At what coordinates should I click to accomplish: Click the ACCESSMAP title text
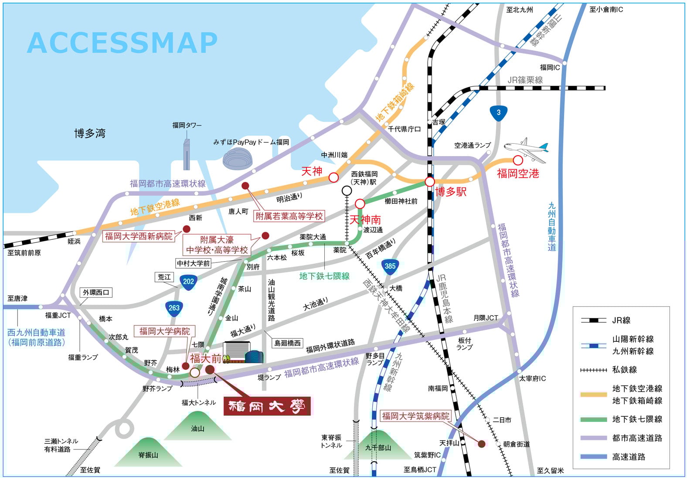click(x=122, y=43)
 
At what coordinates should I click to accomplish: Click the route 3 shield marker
click(x=498, y=112)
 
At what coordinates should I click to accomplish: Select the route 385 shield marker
click(x=390, y=266)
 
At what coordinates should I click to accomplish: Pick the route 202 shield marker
click(x=188, y=282)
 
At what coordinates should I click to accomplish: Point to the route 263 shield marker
click(x=174, y=308)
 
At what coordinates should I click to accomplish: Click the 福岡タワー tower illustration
click(x=187, y=153)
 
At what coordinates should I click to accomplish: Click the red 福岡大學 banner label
click(x=267, y=406)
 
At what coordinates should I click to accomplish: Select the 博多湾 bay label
click(x=90, y=133)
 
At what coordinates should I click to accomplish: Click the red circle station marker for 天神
click(x=333, y=177)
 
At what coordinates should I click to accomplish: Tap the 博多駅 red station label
click(x=451, y=191)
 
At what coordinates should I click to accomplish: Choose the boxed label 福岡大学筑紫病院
click(x=415, y=416)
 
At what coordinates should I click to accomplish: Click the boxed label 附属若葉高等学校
click(x=289, y=216)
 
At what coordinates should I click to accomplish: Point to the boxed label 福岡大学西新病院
click(x=139, y=236)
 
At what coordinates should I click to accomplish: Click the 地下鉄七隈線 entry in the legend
click(x=637, y=419)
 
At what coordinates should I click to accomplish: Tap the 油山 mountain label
click(x=197, y=429)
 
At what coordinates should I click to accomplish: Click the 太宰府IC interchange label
click(x=532, y=378)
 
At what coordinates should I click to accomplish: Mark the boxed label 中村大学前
click(x=193, y=263)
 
